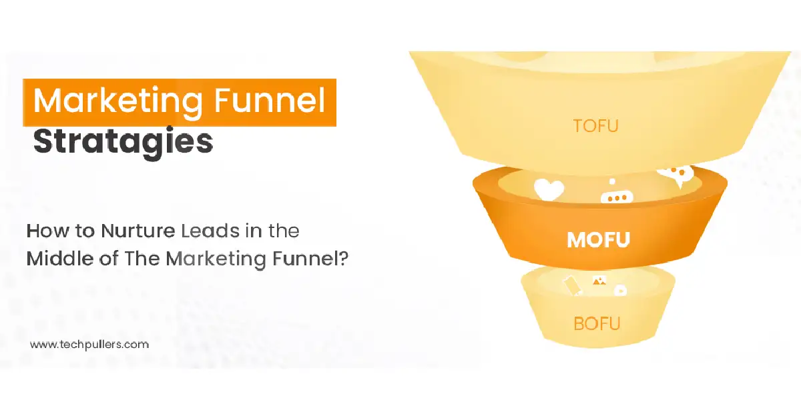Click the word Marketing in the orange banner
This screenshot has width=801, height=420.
(117, 102)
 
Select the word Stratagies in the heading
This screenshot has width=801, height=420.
(123, 141)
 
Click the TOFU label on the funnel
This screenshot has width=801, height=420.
(595, 125)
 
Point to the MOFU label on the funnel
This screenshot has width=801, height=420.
(598, 239)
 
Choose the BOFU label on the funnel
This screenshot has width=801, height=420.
(597, 324)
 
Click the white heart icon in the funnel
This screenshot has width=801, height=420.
(549, 189)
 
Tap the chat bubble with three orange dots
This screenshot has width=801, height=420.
(616, 197)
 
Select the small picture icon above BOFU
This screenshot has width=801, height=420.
(599, 282)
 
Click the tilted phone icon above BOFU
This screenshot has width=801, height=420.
(573, 285)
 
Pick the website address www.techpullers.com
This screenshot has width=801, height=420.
(89, 345)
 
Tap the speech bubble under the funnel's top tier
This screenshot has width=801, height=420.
(676, 175)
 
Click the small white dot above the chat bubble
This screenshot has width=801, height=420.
(612, 181)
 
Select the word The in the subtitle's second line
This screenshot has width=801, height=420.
(139, 258)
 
